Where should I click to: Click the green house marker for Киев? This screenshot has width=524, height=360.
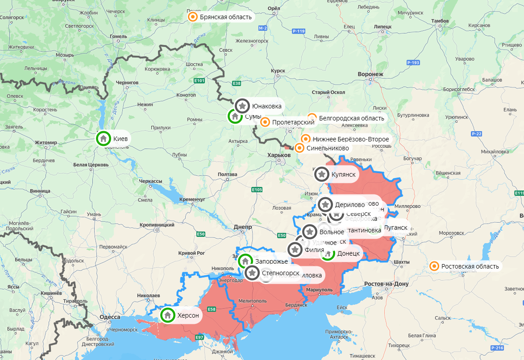104,138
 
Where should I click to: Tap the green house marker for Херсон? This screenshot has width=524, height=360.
168,315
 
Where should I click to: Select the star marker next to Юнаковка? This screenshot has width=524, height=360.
242,106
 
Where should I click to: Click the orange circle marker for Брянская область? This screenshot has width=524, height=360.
192,17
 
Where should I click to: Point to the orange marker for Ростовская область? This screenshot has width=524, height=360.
434,266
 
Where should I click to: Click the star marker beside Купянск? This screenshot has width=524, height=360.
321,174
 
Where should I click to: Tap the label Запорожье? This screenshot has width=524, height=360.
271,261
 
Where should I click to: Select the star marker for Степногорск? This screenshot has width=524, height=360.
252,273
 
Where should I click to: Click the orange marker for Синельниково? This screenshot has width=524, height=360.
299,148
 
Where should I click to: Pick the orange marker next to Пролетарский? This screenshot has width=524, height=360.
265,122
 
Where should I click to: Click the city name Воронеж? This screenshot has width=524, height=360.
370,74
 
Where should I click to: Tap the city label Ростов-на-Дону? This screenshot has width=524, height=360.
386,284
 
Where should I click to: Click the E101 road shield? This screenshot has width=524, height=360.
200,81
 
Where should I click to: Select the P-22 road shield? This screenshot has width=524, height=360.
476,134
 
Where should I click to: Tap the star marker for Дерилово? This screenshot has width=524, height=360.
325,205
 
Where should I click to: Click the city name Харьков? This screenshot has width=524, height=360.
279,155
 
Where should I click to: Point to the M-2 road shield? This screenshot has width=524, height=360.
262,28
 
